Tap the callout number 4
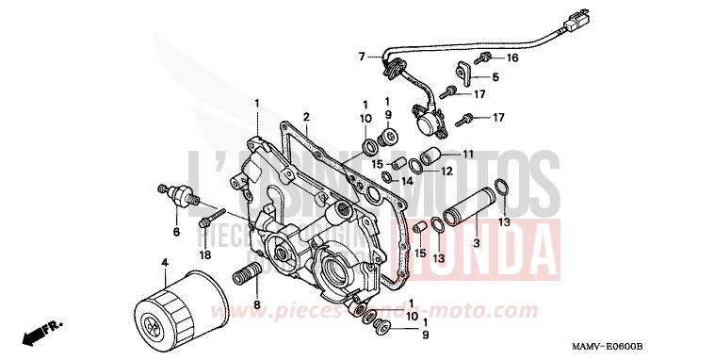[x=164, y=260]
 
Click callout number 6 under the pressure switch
[x=175, y=231]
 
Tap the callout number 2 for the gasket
[x=306, y=117]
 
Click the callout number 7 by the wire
[x=361, y=57]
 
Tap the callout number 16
[x=512, y=57]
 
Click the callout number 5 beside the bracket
[x=495, y=77]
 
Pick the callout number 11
[x=468, y=154]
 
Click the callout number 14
[x=408, y=181]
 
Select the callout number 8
[x=255, y=308]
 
